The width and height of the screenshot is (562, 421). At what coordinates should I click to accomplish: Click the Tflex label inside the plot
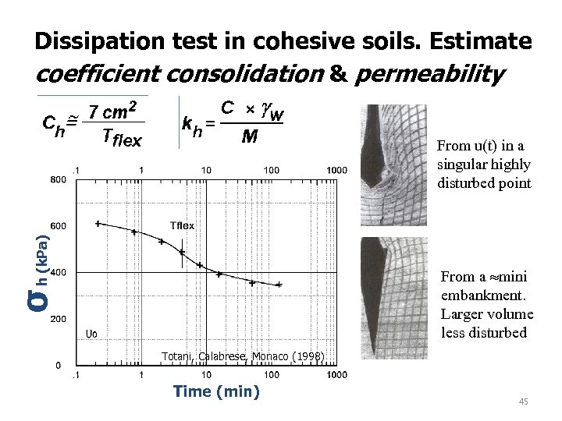coord(182,225)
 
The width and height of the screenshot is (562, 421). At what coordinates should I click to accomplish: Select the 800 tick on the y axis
coord(57,179)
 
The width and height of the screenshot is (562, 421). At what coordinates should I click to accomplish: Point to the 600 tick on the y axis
coord(57,226)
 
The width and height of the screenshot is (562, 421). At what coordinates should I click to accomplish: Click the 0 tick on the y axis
coord(59,365)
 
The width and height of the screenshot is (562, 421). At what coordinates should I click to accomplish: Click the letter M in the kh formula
coord(250,137)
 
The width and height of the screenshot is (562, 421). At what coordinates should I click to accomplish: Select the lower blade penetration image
coord(393,300)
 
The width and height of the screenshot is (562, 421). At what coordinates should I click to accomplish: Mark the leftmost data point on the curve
coord(98,224)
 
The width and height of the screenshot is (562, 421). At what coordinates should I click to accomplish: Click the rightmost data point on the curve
coord(279,285)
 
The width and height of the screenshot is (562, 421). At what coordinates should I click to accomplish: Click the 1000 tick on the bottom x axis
coord(337,376)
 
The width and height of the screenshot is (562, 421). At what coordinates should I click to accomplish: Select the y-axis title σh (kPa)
coord(37,265)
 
